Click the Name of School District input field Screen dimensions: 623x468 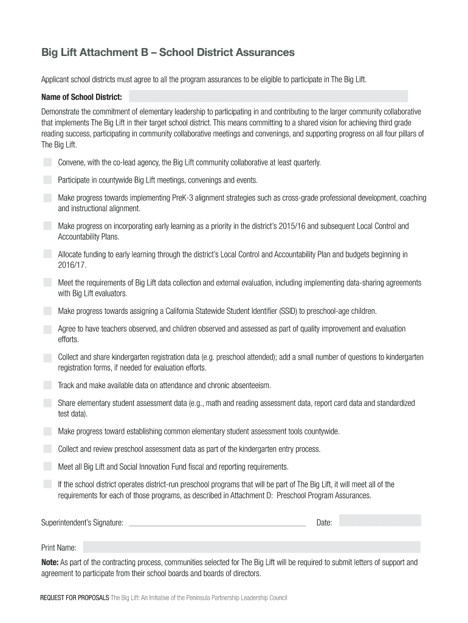click(267, 96)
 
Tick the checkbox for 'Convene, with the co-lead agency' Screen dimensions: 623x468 click(47, 162)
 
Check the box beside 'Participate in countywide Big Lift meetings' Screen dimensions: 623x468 click(47, 180)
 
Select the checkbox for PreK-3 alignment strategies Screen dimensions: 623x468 click(47, 198)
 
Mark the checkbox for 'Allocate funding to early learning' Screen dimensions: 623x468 click(47, 254)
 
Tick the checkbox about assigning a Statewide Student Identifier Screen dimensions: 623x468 click(47, 311)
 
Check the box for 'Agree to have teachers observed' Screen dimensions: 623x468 click(47, 329)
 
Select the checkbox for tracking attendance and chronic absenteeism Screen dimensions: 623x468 click(47, 385)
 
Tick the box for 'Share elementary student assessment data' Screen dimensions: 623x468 click(47, 403)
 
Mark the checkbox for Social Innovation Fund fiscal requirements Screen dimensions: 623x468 click(47, 467)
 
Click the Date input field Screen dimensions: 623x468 click(379, 520)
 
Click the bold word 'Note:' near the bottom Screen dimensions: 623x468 click(50, 562)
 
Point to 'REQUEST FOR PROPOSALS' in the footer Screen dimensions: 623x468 click(75, 598)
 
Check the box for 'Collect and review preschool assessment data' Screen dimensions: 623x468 click(47, 449)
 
